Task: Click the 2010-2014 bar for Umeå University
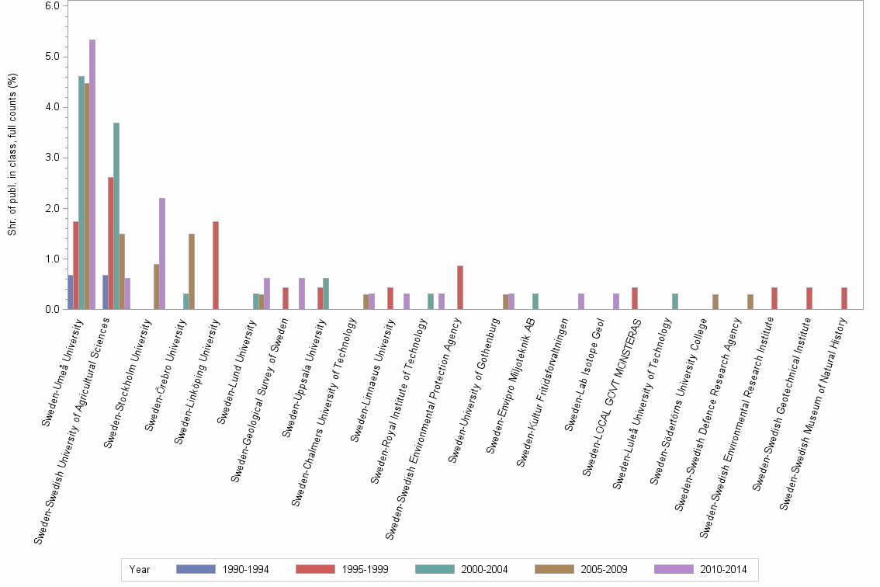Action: click(92, 175)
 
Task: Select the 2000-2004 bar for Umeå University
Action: click(81, 193)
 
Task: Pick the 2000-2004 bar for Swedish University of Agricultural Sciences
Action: click(116, 216)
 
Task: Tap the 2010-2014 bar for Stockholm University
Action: click(162, 254)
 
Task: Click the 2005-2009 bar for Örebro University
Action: click(192, 272)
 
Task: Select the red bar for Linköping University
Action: click(216, 266)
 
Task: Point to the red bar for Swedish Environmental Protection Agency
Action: click(460, 288)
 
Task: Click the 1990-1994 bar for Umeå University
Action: click(71, 293)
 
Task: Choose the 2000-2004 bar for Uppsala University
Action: click(326, 294)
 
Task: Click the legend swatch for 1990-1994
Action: click(196, 569)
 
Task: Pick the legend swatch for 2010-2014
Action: click(674, 569)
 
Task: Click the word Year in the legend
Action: click(140, 569)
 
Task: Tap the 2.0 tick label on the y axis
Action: click(52, 209)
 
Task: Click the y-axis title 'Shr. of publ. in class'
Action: click(12, 155)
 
